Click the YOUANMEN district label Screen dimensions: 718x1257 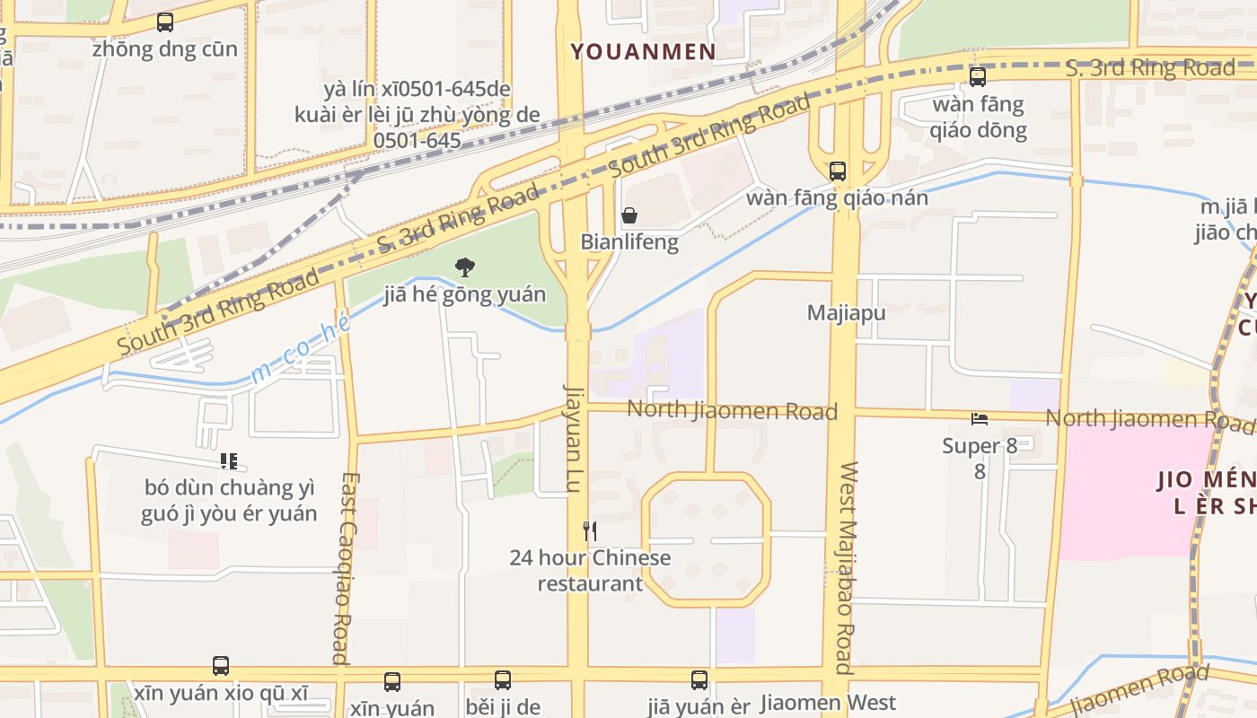point(644,52)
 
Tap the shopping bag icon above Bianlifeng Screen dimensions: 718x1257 point(629,215)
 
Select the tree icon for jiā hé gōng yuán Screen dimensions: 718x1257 point(464,267)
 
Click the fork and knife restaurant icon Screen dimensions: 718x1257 point(590,530)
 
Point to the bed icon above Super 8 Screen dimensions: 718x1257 point(980,418)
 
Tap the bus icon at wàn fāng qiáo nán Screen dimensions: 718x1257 point(837,171)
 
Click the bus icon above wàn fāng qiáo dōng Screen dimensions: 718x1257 point(978,77)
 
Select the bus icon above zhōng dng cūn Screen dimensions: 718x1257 point(164,22)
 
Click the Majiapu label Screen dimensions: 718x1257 point(846,313)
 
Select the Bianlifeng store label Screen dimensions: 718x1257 point(629,241)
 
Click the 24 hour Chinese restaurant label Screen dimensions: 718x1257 point(590,570)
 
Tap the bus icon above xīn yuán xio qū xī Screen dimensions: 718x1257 point(221,666)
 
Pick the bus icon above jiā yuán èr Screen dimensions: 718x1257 point(699,680)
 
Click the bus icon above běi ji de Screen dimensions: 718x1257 point(503,680)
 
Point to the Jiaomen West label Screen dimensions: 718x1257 point(828,702)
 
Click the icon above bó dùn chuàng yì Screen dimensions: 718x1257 point(229,461)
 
